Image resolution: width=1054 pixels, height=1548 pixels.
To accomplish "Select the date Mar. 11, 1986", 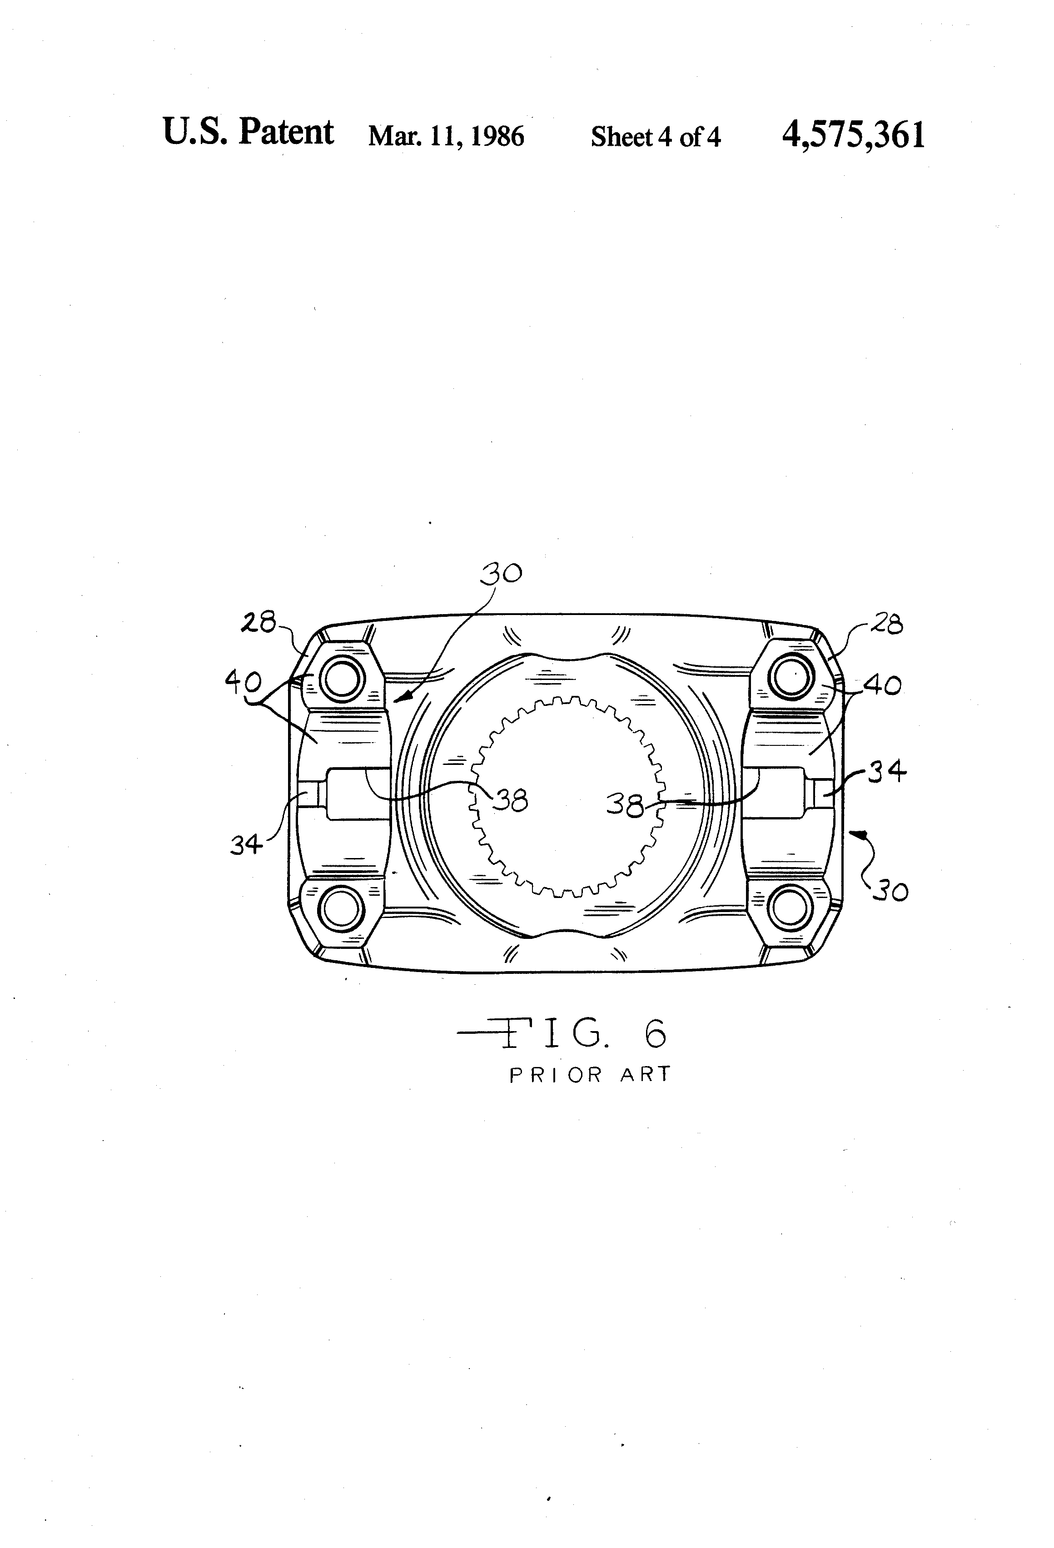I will click(446, 137).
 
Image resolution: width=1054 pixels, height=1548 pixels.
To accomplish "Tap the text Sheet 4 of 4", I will click(656, 137).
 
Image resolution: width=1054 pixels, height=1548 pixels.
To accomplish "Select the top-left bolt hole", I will click(342, 680).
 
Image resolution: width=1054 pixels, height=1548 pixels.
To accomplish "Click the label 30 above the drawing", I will click(502, 573).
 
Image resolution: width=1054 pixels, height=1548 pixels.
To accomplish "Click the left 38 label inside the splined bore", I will click(510, 800).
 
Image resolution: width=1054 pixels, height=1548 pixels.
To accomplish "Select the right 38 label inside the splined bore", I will click(624, 804).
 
